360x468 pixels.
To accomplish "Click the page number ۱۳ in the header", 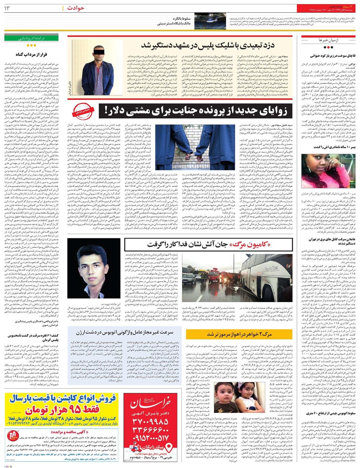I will [x=7, y=8].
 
